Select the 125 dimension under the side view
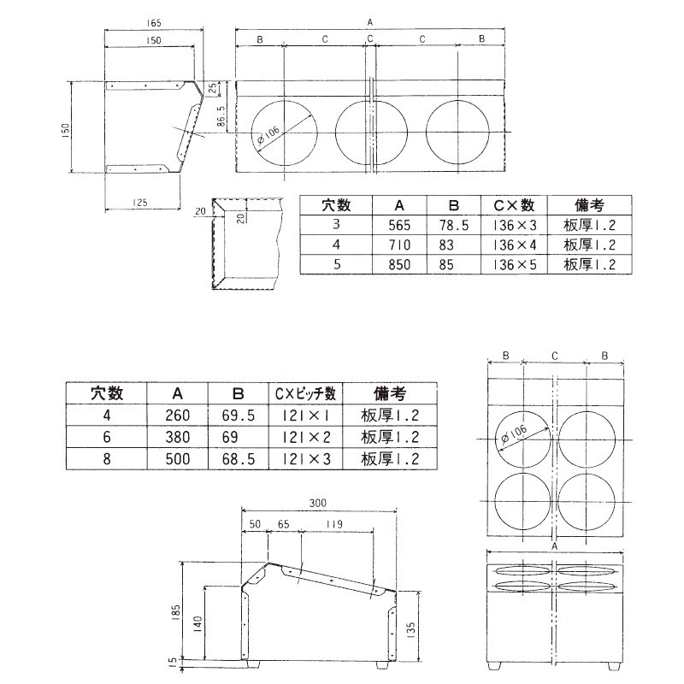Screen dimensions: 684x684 pos(142,202)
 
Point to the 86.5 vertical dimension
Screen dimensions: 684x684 pos(221,115)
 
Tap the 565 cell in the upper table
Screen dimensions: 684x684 pos(400,226)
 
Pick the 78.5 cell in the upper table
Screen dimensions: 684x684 pos(455,226)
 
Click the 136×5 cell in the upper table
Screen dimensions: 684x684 pos(514,265)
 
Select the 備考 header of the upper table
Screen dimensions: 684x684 pos(590,206)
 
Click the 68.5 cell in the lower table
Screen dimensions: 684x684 pos(239,459)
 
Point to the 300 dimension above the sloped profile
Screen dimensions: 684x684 pos(318,503)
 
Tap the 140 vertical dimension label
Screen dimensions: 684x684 pos(198,624)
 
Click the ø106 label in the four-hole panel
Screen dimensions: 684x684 pos(513,434)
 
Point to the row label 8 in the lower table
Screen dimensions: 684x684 pos(108,459)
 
